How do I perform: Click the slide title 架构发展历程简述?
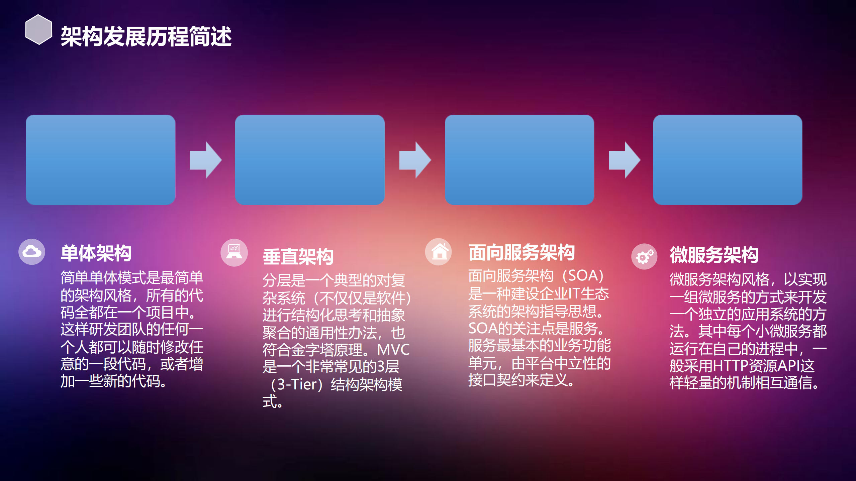(146, 36)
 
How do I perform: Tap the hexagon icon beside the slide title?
(39, 29)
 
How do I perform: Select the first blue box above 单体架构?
(100, 160)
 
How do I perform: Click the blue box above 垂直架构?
(310, 160)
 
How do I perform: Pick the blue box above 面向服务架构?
(519, 160)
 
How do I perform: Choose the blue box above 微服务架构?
(728, 160)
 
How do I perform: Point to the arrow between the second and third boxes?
(415, 160)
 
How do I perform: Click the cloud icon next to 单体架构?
(32, 252)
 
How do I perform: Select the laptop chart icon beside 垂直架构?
(234, 253)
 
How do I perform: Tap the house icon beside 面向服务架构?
(439, 252)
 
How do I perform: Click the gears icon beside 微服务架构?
(644, 257)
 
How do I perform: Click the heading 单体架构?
(96, 253)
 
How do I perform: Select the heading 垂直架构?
(298, 257)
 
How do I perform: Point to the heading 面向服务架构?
(521, 253)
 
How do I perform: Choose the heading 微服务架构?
(714, 255)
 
